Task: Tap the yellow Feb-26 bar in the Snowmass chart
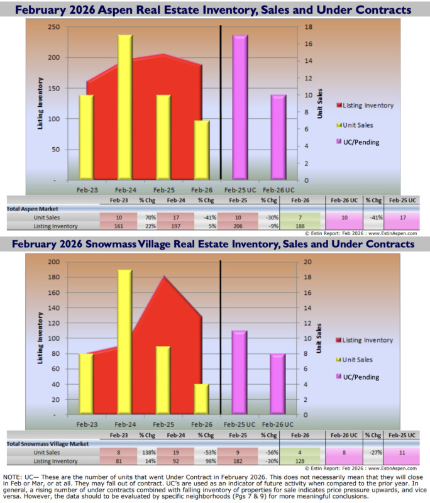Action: [201, 399]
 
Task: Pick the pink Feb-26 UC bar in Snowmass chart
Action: [276, 384]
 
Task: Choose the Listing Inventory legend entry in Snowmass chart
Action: [365, 340]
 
